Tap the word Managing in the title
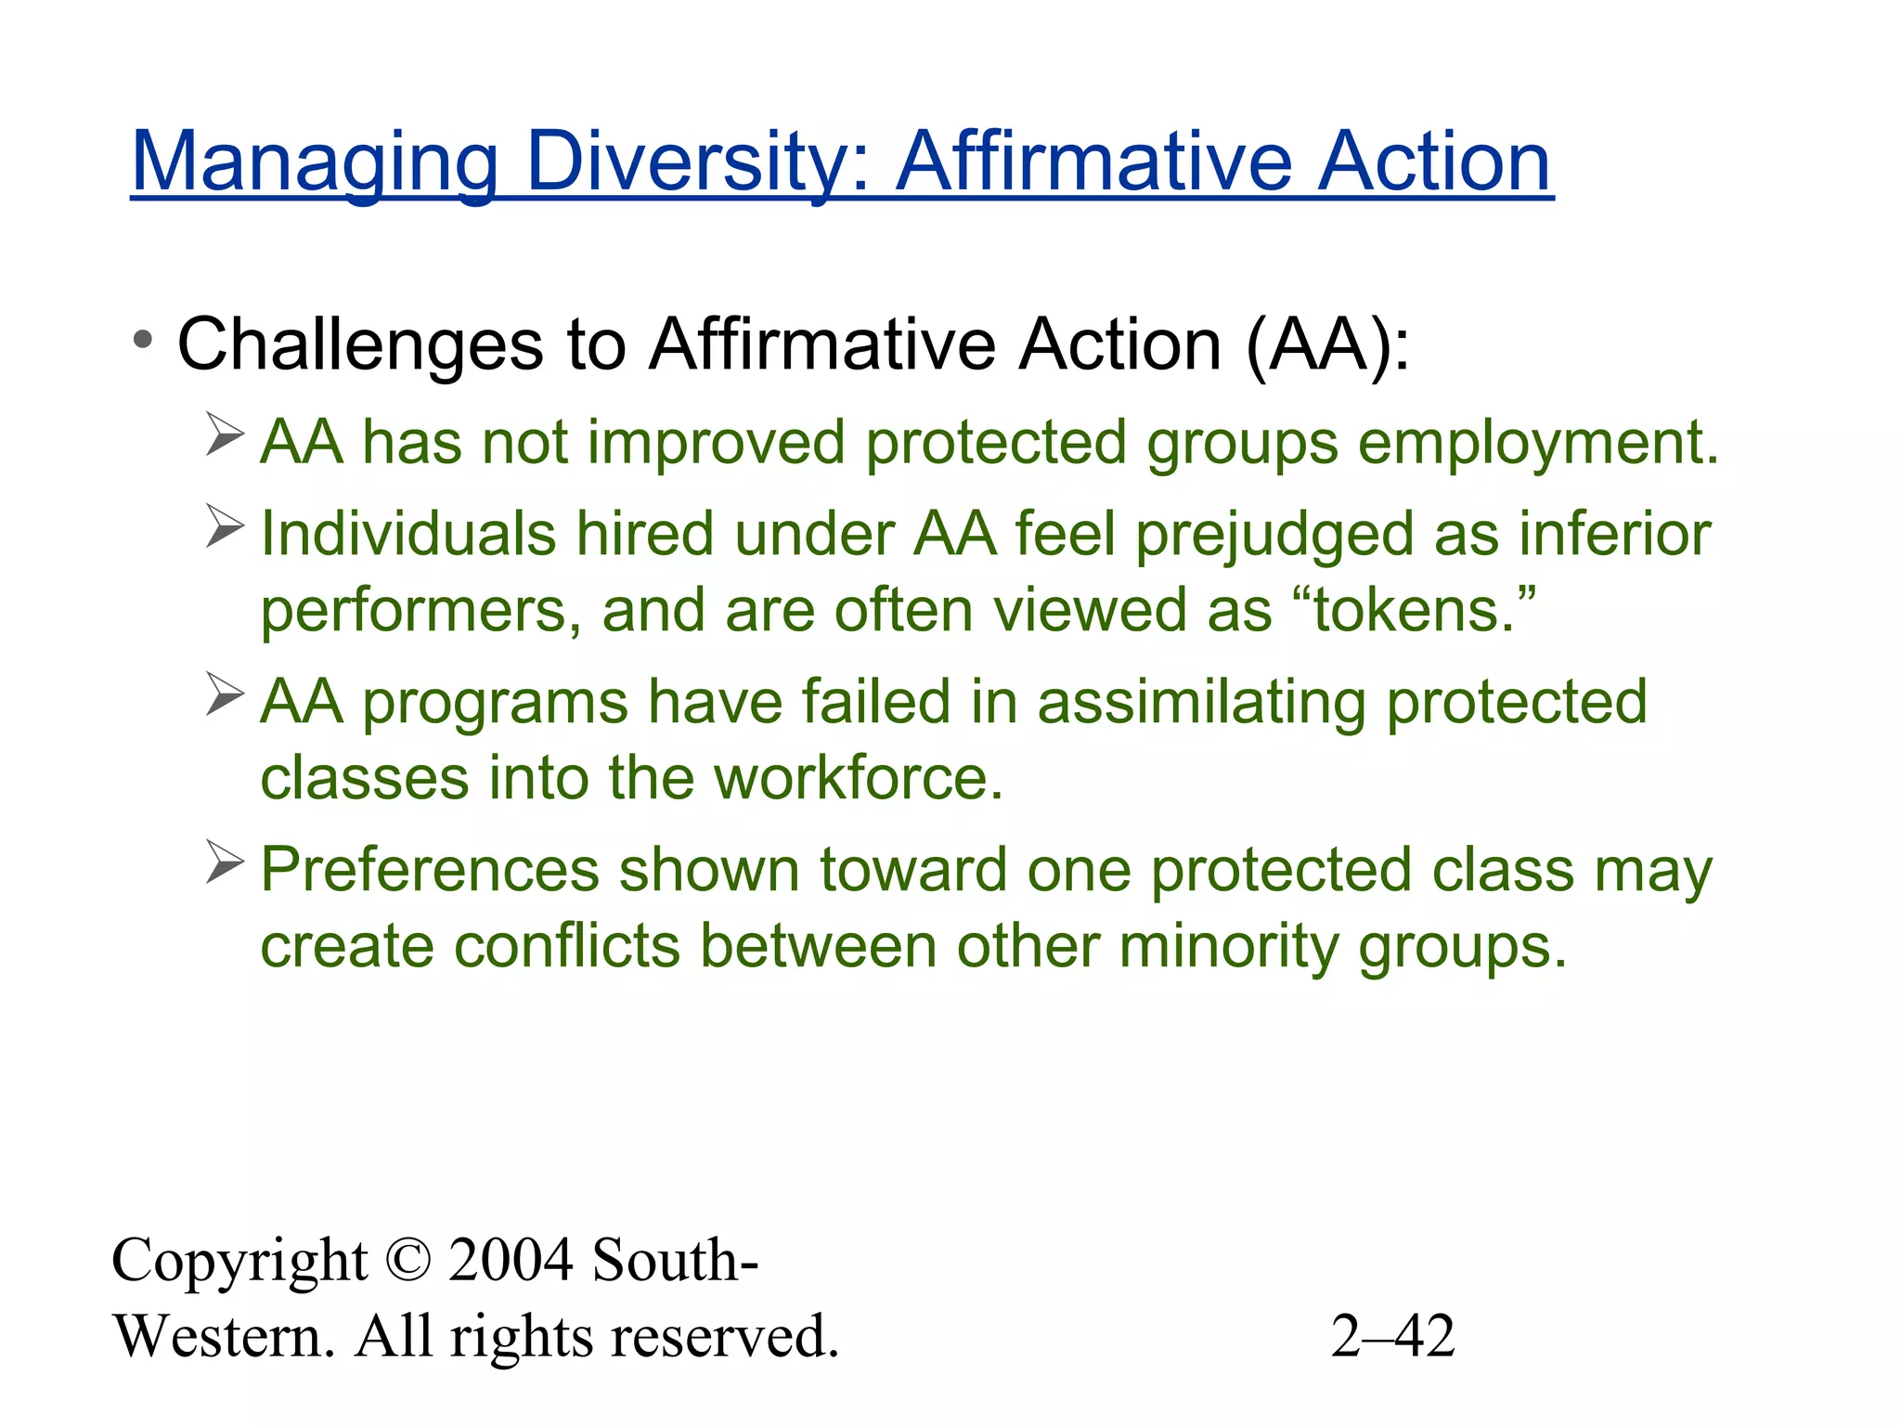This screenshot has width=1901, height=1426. click(315, 162)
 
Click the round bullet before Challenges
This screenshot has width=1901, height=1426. click(142, 341)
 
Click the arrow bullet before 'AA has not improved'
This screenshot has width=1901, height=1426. click(225, 434)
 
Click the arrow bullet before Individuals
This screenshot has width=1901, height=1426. click(225, 526)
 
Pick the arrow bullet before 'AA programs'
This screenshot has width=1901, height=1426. click(225, 694)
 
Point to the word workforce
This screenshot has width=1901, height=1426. click(858, 778)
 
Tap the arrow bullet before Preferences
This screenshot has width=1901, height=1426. click(225, 862)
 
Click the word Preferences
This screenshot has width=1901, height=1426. click(430, 871)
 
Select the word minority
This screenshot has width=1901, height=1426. click(1228, 947)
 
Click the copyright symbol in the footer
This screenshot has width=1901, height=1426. click(407, 1261)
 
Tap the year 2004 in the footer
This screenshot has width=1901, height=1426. click(510, 1261)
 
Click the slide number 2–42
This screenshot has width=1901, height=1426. click(1391, 1337)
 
